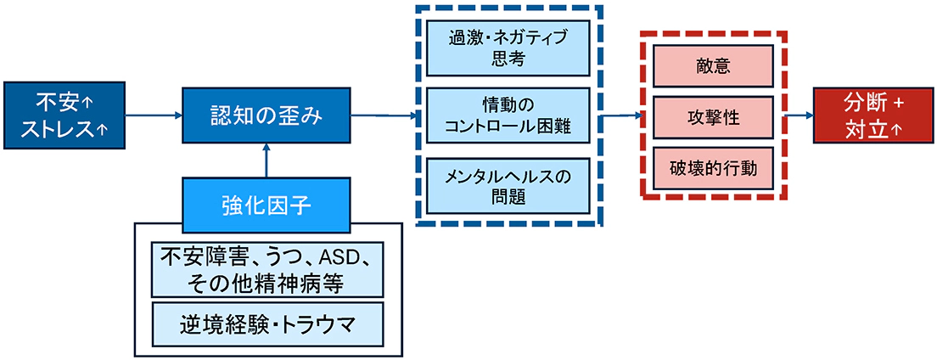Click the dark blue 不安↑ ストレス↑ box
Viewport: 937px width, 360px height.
coord(65,116)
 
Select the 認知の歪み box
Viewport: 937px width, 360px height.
coord(267,116)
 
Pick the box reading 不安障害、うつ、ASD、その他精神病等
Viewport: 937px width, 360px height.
coord(266,267)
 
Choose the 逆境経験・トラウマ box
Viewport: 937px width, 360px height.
coord(266,323)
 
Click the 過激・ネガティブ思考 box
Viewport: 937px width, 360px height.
coord(508,48)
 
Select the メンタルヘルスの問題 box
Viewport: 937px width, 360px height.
coord(508,185)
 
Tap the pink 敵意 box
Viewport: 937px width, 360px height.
coord(711,65)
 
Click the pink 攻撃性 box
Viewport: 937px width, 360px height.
coord(711,117)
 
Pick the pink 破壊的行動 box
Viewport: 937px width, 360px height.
coord(711,168)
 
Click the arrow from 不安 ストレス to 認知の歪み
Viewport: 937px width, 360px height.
coord(154,116)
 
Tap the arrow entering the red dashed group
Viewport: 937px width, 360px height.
coord(621,115)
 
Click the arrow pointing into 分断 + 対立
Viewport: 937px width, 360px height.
coord(798,116)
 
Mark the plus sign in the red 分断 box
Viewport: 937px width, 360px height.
coord(899,102)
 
